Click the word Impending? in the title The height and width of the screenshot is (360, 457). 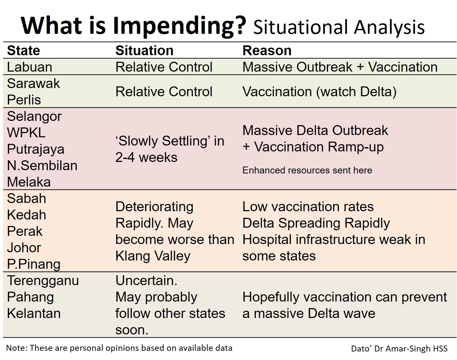tap(180, 27)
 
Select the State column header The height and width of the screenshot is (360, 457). tap(24, 51)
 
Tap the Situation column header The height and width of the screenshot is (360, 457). tap(145, 51)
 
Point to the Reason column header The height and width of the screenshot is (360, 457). tap(267, 51)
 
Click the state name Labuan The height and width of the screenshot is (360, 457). tap(30, 67)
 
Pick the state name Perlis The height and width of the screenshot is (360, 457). tap(24, 100)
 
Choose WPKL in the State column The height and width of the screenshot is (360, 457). tap(26, 133)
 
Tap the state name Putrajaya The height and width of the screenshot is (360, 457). tap(36, 149)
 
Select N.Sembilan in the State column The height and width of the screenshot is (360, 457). tap(42, 166)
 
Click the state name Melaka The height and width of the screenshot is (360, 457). tap(29, 182)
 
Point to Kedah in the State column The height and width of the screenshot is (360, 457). tap(27, 215)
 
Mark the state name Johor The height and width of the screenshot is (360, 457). tap(24, 248)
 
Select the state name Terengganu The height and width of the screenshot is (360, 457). tap(43, 281)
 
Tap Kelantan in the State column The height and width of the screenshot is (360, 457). tap(34, 313)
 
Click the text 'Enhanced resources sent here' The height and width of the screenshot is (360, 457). tap(307, 170)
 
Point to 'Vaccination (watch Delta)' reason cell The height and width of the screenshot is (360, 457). tap(319, 92)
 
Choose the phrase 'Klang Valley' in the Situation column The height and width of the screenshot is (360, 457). tap(153, 256)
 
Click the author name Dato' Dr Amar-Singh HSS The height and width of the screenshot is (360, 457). tap(400, 349)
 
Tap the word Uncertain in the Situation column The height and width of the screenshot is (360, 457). tap(146, 281)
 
